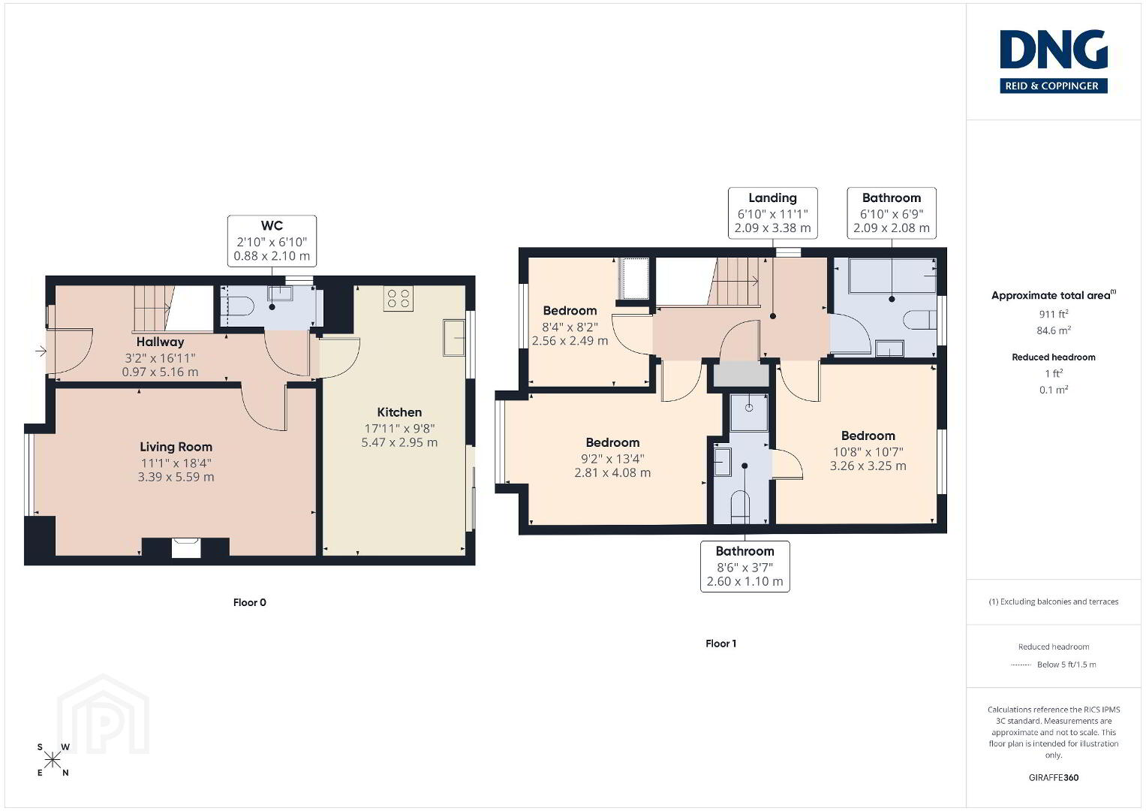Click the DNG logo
click(x=1054, y=62)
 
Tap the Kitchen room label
click(x=399, y=412)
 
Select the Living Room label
click(x=176, y=447)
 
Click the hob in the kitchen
click(x=398, y=299)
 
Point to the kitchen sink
click(x=454, y=337)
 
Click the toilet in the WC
click(x=240, y=306)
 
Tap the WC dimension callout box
click(x=272, y=240)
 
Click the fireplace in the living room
click(x=185, y=547)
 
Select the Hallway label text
click(x=160, y=342)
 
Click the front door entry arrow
click(x=41, y=351)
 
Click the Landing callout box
click(x=772, y=213)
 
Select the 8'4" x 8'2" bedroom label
click(x=570, y=326)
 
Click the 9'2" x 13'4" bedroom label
click(x=612, y=458)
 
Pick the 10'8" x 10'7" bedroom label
click(x=868, y=451)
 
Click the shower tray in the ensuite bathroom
click(x=749, y=413)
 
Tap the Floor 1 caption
click(x=720, y=644)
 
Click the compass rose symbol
click(x=53, y=760)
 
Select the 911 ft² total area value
click(x=1054, y=314)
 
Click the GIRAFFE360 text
click(x=1054, y=778)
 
